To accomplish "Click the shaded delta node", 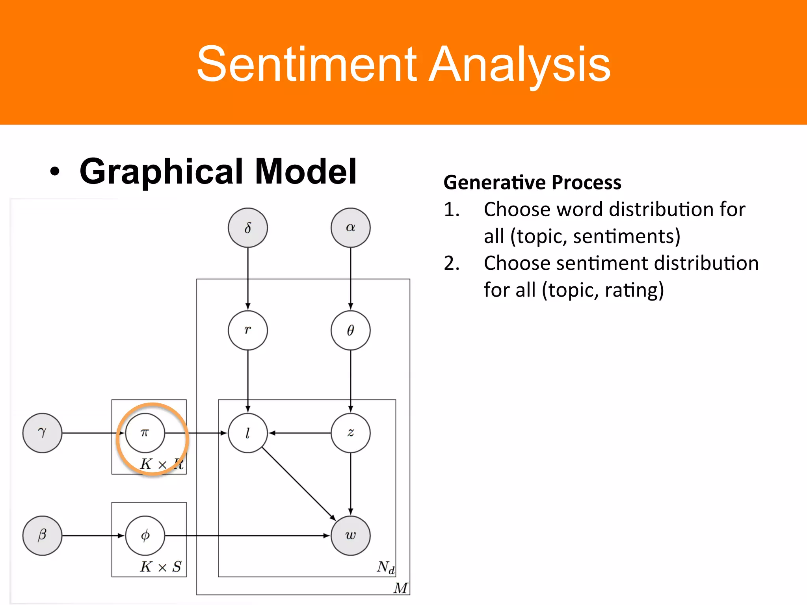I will click(x=247, y=228).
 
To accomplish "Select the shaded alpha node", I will click(x=350, y=228).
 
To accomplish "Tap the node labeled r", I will click(x=247, y=330).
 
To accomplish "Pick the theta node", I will click(x=350, y=330).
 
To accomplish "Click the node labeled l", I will click(x=247, y=433).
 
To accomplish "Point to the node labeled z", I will click(x=350, y=433).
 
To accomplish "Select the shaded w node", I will click(x=350, y=535).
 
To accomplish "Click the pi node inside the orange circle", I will click(x=145, y=433).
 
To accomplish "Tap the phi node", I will click(x=145, y=535).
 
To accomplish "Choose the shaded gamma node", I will click(x=42, y=433).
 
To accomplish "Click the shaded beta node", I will click(x=42, y=535).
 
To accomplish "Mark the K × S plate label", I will click(x=160, y=567).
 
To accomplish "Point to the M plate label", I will click(x=400, y=588).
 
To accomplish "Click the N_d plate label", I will click(x=385, y=567).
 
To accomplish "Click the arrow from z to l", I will click(x=299, y=433).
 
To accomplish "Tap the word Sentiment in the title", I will click(x=306, y=64).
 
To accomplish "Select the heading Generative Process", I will click(x=532, y=182).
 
